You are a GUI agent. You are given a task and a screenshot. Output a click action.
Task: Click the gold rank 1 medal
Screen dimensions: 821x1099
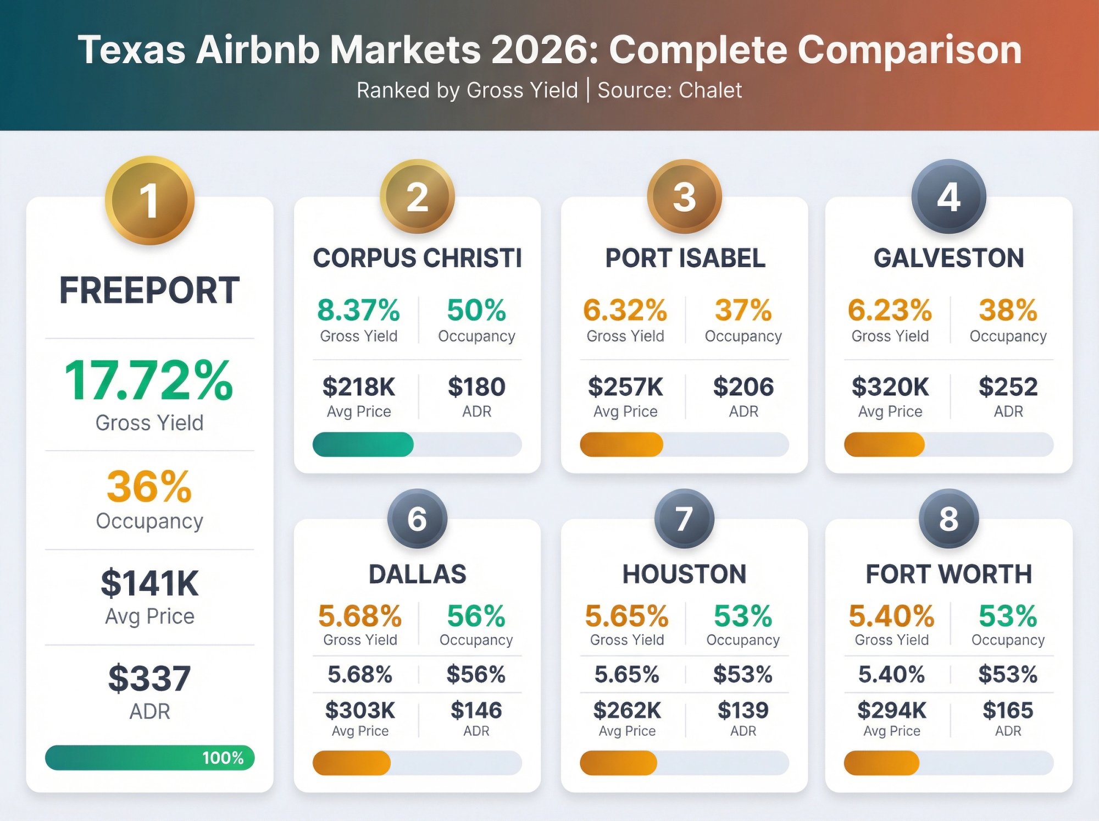(x=149, y=201)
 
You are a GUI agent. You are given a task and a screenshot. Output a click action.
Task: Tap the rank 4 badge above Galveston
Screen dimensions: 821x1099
(x=948, y=197)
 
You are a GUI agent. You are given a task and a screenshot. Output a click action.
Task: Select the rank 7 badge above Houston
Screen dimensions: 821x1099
(x=684, y=519)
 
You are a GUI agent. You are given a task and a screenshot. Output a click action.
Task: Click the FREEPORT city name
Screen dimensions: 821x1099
(x=149, y=290)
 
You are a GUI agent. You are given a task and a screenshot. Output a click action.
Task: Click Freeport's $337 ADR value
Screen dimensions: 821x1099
(x=149, y=678)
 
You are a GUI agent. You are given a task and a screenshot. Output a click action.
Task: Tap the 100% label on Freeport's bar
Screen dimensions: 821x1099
(x=223, y=758)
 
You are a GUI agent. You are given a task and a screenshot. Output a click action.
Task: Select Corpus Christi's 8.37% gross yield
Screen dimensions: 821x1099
(x=358, y=310)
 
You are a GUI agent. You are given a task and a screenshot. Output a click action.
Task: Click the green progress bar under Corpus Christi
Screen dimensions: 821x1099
(x=363, y=444)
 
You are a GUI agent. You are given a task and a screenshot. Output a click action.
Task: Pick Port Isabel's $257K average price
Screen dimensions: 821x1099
(x=625, y=387)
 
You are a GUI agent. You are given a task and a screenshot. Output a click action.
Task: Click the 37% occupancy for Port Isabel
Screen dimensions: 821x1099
(x=743, y=310)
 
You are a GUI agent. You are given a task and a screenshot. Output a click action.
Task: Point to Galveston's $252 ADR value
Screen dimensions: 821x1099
(x=1008, y=387)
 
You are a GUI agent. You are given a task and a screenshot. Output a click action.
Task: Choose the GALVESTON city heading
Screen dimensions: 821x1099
(x=948, y=258)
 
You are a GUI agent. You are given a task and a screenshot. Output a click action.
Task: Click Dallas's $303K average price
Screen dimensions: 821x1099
(x=360, y=710)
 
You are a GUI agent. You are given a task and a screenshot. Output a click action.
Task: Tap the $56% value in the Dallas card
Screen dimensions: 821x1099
(x=476, y=674)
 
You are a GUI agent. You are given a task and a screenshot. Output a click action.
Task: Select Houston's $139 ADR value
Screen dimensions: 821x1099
(x=743, y=710)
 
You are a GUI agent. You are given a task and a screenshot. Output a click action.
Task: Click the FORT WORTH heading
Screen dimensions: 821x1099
(x=948, y=574)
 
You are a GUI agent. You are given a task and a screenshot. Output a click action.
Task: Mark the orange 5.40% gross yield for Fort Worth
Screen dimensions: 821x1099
(x=891, y=616)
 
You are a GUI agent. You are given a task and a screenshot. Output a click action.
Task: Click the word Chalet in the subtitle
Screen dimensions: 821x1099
(x=710, y=90)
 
